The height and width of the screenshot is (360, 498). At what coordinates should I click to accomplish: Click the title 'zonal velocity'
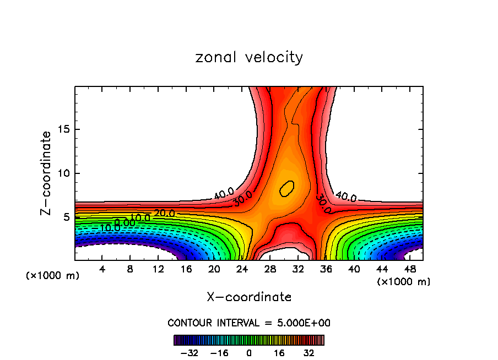click(x=249, y=57)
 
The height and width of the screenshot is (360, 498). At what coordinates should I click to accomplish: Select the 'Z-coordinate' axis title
click(x=47, y=173)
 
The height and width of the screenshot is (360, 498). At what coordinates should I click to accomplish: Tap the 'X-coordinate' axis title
click(x=249, y=297)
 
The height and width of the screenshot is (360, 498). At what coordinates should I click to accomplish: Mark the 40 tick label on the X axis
click(x=354, y=269)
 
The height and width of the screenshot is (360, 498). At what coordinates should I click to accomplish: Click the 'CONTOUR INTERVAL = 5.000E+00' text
click(x=249, y=323)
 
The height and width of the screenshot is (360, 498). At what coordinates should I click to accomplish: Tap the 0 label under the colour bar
click(x=249, y=352)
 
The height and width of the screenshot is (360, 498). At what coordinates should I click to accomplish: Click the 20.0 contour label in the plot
click(x=164, y=213)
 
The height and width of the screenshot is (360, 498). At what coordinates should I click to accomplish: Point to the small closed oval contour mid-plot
click(x=287, y=188)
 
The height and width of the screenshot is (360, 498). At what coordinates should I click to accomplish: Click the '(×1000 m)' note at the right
click(x=404, y=281)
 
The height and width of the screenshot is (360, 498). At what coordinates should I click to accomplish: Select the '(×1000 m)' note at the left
click(x=53, y=275)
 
